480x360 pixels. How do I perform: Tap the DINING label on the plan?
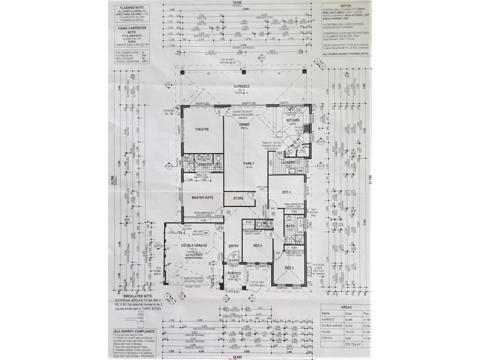(244, 125)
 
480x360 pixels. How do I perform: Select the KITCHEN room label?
(293, 121)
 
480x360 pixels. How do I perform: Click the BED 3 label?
(289, 268)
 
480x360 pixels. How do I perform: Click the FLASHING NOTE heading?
(132, 8)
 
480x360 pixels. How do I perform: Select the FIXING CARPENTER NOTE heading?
(132, 28)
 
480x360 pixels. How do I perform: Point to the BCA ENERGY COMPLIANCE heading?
(133, 331)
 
